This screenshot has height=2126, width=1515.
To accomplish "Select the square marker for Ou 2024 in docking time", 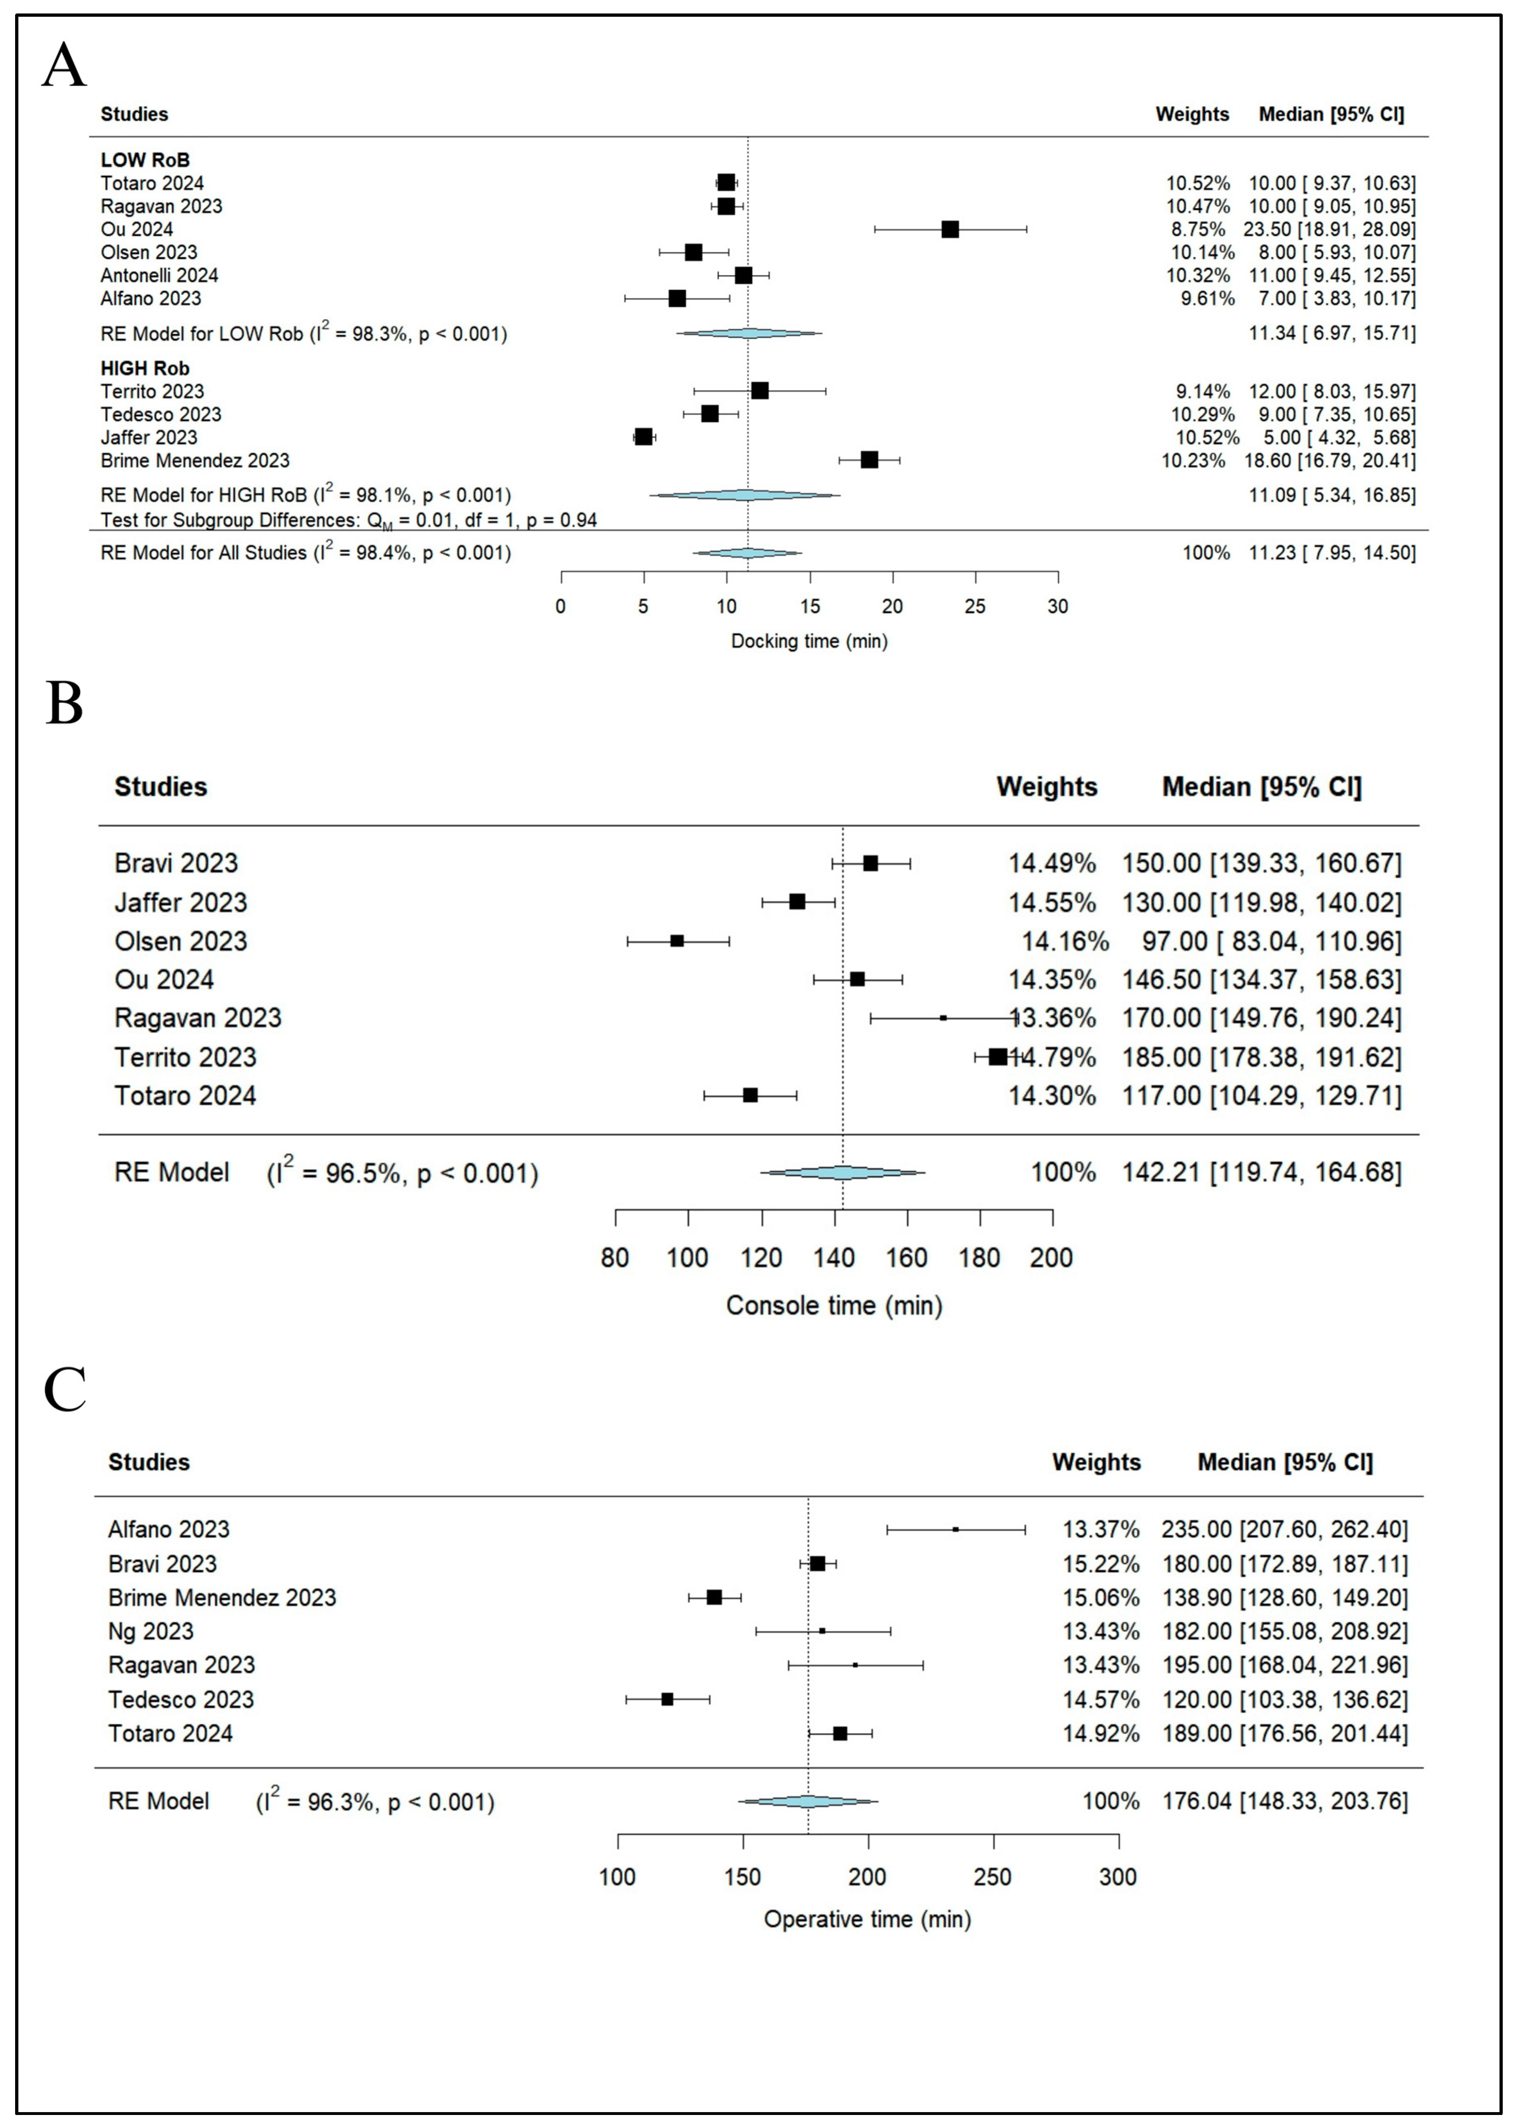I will [950, 230].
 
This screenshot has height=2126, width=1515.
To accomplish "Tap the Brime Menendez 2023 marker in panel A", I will [869, 460].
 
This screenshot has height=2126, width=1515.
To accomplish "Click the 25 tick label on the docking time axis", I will [975, 606].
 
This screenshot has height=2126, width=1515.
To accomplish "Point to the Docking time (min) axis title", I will [809, 641].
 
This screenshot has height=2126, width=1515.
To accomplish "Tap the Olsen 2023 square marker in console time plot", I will [677, 941].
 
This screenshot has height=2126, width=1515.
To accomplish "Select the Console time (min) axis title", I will [834, 1305].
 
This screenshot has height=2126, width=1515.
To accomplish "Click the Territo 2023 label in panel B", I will [185, 1057].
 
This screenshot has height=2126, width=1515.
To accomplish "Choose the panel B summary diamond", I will [842, 1172].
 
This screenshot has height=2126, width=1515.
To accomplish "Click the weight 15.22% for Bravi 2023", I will [1101, 1564].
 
